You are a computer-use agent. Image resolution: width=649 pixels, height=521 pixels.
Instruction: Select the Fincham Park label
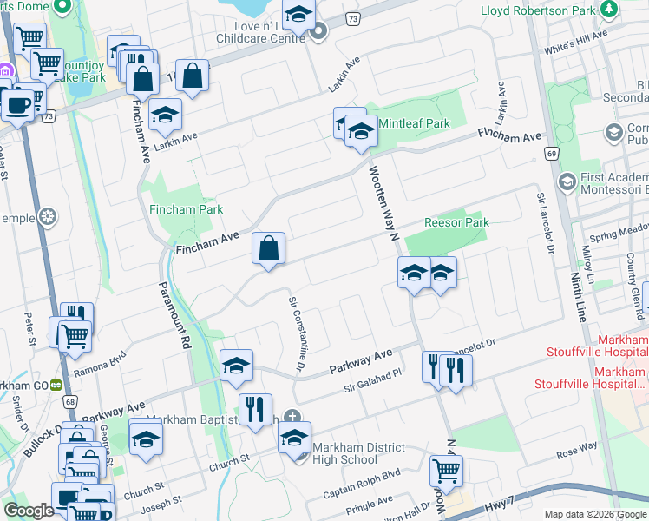coord(186,209)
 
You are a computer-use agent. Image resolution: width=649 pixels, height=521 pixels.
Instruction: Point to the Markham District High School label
coord(359,452)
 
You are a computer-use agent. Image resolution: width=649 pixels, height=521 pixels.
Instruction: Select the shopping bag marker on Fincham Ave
coord(269,249)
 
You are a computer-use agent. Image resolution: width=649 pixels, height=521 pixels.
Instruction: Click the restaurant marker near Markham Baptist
coord(255,409)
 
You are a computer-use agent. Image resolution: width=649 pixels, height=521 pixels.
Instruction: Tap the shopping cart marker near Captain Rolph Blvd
coord(446,471)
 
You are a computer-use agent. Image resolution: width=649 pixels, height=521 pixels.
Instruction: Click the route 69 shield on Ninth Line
coord(551,152)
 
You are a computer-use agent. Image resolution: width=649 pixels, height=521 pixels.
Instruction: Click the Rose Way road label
coord(577,446)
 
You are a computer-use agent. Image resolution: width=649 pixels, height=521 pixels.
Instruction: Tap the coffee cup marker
coord(16,104)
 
